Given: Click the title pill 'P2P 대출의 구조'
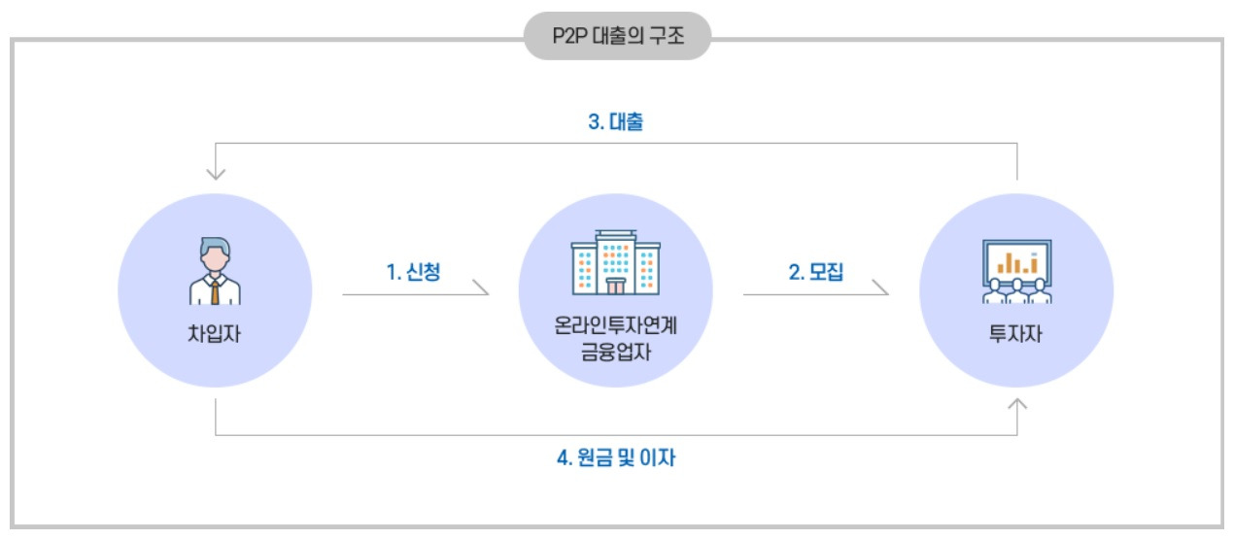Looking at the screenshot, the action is tap(617, 39).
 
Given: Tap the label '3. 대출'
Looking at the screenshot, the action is tap(615, 123).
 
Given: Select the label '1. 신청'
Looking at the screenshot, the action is tap(413, 273).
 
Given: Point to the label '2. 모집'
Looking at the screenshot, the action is tap(815, 273).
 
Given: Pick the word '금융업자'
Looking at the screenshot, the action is tap(615, 352).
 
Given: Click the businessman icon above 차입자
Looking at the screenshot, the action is tap(214, 271).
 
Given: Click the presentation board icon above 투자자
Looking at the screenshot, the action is tap(1016, 271).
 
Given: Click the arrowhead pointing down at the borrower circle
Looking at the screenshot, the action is tap(216, 176).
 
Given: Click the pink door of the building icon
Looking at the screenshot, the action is tap(615, 286).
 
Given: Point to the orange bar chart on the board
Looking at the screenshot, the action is tap(1016, 261).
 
